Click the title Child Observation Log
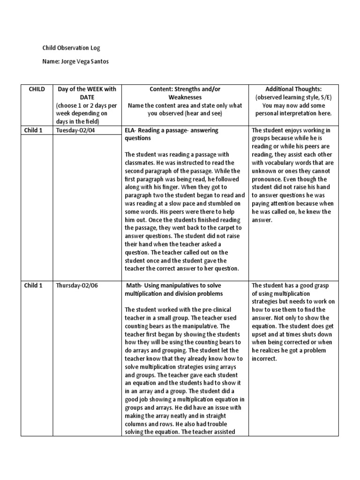point(71,48)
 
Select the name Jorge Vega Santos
point(78,62)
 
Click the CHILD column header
point(37,89)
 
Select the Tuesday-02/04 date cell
point(75,130)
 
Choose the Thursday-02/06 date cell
point(76,285)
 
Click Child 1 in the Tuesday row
point(34,130)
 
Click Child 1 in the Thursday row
point(34,285)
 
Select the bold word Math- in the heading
point(135,285)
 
